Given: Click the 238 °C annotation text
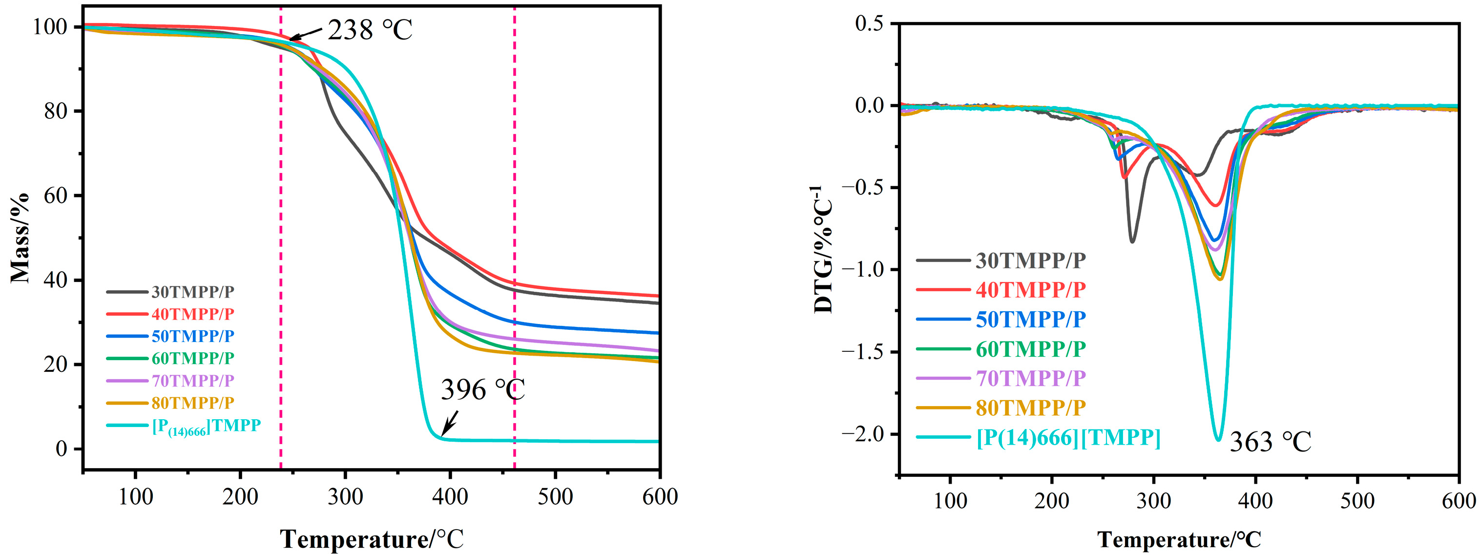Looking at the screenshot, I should pyautogui.click(x=370, y=30).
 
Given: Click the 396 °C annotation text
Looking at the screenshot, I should pyautogui.click(x=482, y=390).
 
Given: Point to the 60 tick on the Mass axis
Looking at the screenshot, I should pyautogui.click(x=56, y=195).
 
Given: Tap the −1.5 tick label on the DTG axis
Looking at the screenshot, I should pyautogui.click(x=865, y=352).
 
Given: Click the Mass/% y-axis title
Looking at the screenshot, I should pyautogui.click(x=20, y=238).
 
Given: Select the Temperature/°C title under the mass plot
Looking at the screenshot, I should pyautogui.click(x=372, y=539).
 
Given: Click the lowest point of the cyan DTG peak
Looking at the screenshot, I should pyautogui.click(x=1218, y=440).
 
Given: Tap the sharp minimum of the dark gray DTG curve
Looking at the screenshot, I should pyautogui.click(x=1132, y=242).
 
